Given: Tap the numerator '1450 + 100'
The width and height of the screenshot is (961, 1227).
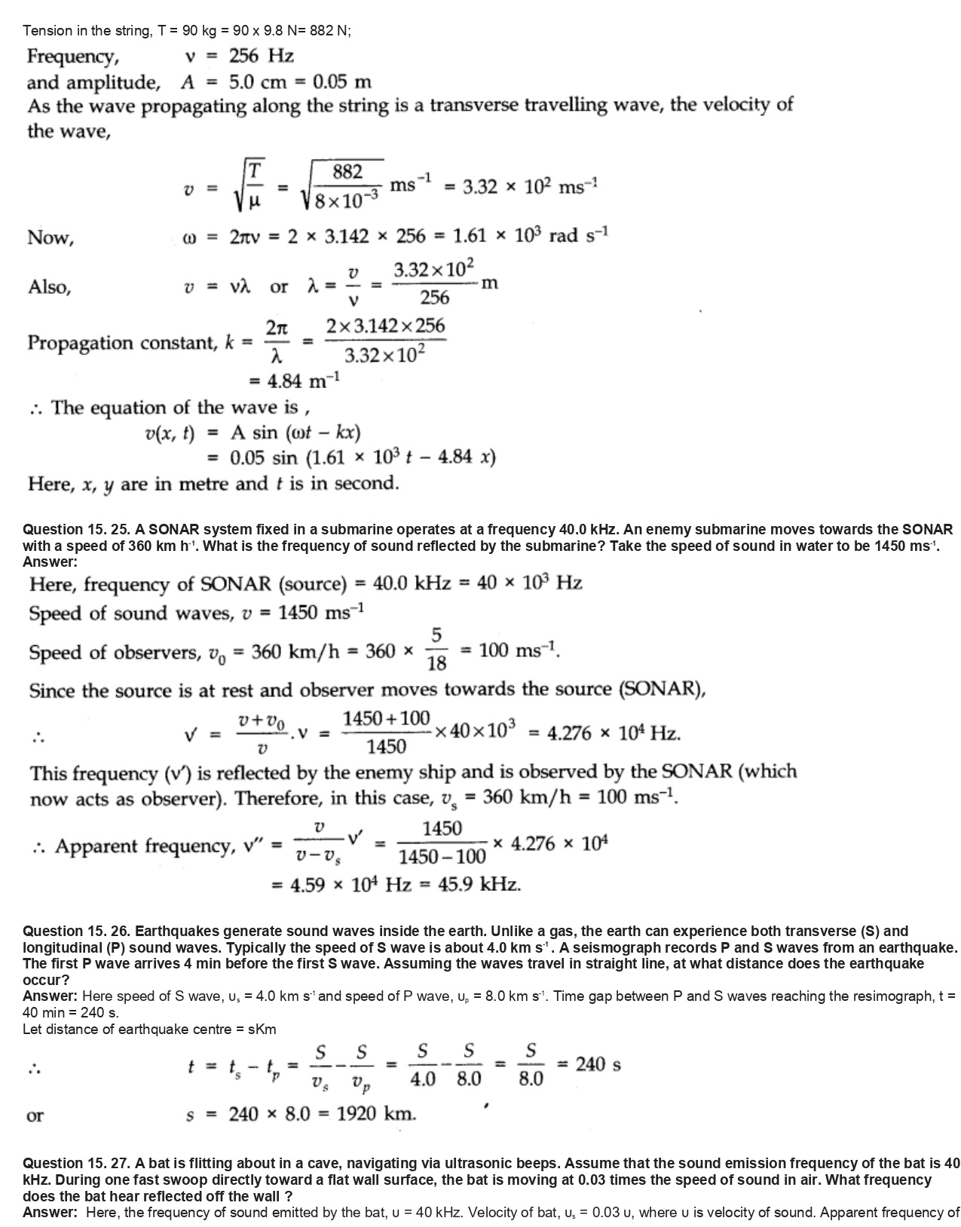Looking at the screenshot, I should (387, 718).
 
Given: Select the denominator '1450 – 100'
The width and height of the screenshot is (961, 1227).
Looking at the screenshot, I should (442, 856).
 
